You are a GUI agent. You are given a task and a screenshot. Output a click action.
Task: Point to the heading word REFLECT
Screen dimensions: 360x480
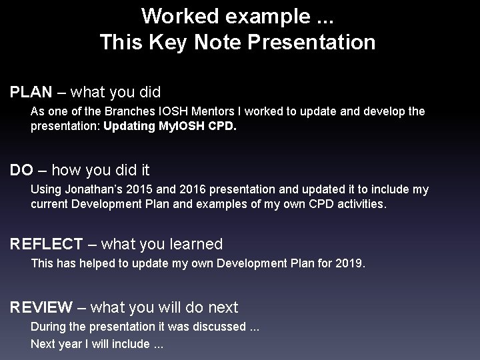point(47,244)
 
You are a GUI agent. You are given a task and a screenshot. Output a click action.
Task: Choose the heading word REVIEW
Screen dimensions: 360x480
point(41,307)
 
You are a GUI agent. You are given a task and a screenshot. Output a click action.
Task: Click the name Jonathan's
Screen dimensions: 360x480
point(94,190)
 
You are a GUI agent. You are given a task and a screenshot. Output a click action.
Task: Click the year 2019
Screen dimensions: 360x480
point(348,263)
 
